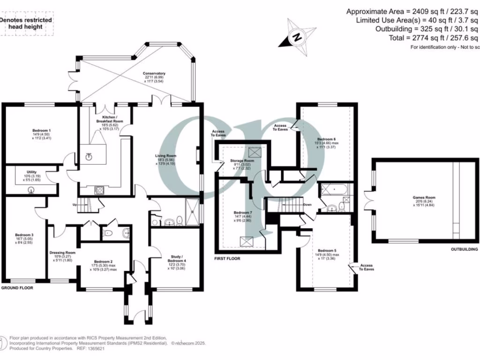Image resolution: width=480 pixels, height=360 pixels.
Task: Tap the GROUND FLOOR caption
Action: tap(17, 288)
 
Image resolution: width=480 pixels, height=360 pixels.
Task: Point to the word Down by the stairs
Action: tap(308, 205)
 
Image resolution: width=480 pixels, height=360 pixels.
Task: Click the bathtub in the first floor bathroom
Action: tap(333, 190)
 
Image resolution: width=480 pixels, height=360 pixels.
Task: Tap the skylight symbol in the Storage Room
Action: tap(255, 151)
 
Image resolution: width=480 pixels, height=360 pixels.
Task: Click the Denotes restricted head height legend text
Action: tap(26, 23)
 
